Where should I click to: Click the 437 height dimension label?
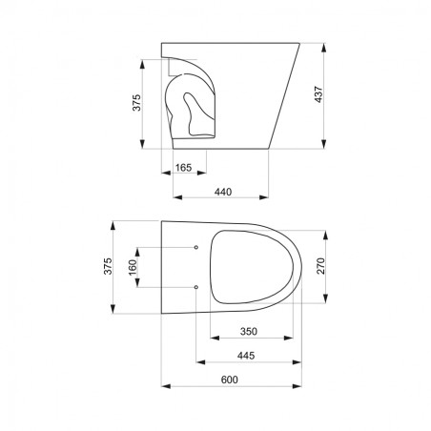point(318,94)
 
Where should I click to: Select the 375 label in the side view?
point(136,102)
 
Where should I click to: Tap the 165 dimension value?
point(184,168)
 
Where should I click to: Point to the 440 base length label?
point(223,192)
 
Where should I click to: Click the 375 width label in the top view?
point(108,266)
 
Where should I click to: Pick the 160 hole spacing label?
point(133,268)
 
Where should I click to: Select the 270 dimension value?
point(321,266)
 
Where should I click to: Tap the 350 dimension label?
point(249,332)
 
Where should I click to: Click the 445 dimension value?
point(246,356)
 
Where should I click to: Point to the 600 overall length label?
point(230,380)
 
